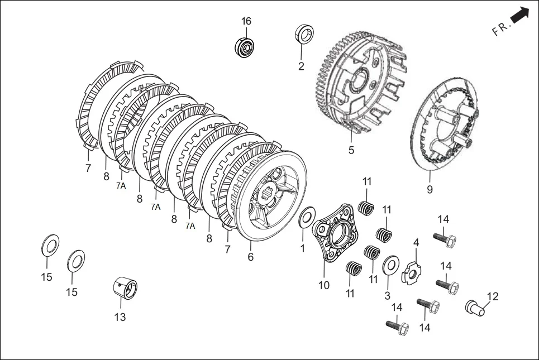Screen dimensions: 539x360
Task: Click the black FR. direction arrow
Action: pyautogui.click(x=520, y=16)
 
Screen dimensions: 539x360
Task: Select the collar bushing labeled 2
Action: pyautogui.click(x=304, y=33)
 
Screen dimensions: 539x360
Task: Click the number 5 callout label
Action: pyautogui.click(x=351, y=150)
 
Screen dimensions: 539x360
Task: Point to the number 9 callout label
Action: pyautogui.click(x=430, y=189)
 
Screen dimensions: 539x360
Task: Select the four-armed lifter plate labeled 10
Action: pyautogui.click(x=333, y=233)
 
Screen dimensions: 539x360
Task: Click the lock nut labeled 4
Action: pyautogui.click(x=412, y=273)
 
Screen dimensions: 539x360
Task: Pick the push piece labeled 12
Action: pyautogui.click(x=475, y=308)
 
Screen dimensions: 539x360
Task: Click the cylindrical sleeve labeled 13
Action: pyautogui.click(x=125, y=288)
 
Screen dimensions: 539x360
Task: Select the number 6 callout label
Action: pyautogui.click(x=251, y=257)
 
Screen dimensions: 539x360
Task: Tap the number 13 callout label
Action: pyautogui.click(x=120, y=317)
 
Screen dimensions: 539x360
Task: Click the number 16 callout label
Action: pyautogui.click(x=246, y=21)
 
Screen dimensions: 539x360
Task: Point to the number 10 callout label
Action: pyautogui.click(x=324, y=285)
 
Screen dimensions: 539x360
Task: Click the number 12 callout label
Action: pyautogui.click(x=493, y=296)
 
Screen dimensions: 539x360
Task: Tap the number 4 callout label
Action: pyautogui.click(x=416, y=243)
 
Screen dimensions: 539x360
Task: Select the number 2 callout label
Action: pyautogui.click(x=301, y=66)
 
